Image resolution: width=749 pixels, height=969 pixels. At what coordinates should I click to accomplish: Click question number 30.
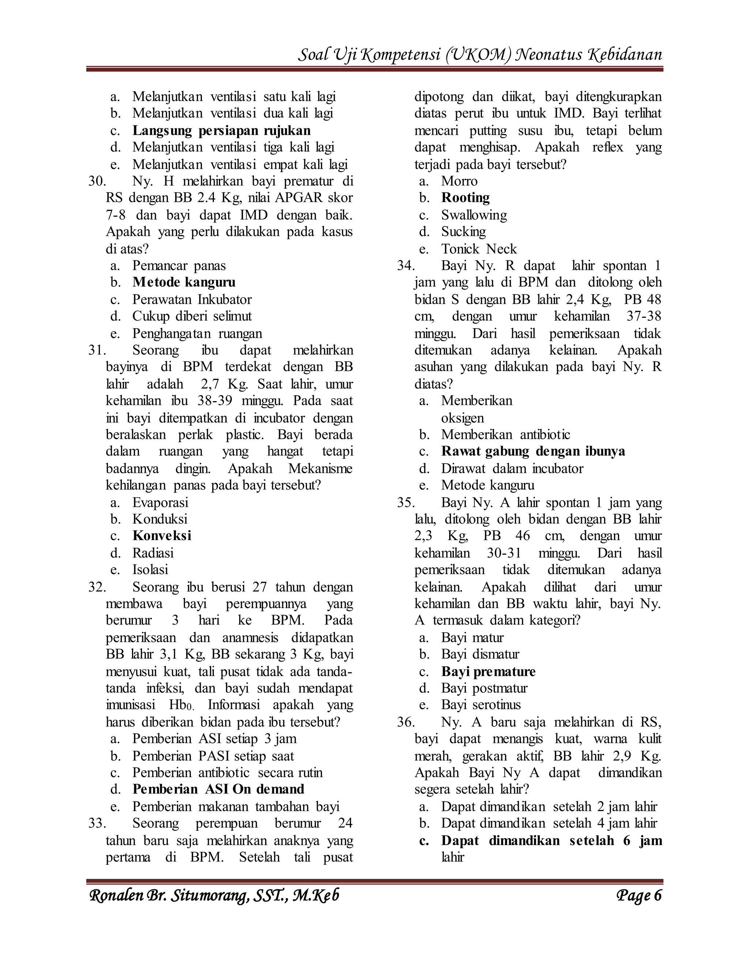(x=97, y=181)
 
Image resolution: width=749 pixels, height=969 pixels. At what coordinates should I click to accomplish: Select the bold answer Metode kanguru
(x=184, y=282)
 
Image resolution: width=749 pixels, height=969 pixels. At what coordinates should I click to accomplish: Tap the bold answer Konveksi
(x=162, y=536)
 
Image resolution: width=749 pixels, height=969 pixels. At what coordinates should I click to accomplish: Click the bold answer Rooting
(x=465, y=197)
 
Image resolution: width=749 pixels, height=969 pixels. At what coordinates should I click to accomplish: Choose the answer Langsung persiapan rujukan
(x=221, y=131)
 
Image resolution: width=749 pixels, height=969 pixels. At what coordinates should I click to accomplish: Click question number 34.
(x=406, y=265)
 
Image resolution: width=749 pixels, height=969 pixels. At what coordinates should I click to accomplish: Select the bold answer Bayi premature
(x=488, y=671)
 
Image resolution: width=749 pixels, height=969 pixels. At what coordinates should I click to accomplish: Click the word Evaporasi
(x=160, y=502)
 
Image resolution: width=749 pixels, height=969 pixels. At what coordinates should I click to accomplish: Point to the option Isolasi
(x=150, y=569)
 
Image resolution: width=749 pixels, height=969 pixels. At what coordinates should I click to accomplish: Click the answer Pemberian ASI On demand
(x=218, y=789)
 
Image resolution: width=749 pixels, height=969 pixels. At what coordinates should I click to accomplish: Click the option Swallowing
(x=474, y=215)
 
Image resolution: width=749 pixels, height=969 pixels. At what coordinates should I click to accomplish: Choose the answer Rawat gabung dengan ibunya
(x=532, y=451)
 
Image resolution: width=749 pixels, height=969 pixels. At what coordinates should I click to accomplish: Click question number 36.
(x=406, y=722)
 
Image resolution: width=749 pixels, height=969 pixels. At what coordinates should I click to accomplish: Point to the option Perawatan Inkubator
(x=192, y=299)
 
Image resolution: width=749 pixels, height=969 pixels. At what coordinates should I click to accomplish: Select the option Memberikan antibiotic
(x=505, y=434)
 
